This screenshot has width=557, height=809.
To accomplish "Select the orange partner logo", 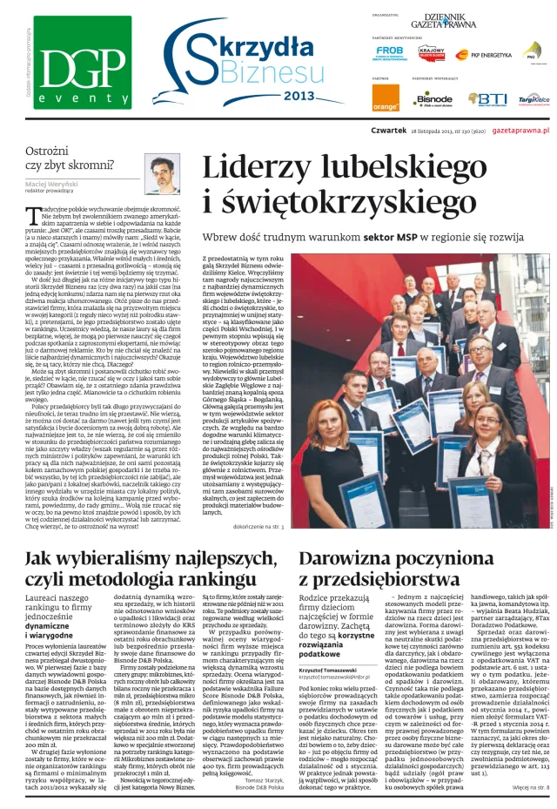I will (386, 98).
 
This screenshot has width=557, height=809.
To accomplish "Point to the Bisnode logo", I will (433, 99).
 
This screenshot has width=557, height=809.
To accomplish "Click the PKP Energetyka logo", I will (492, 54).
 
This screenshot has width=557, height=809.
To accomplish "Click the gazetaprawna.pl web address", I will (521, 129).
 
